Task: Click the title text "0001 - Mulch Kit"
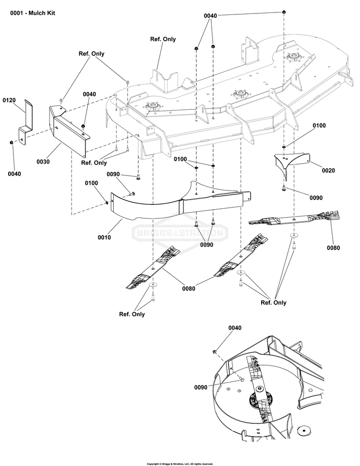33,13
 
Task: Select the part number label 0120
10,101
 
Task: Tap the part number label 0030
43,162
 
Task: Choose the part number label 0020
315,170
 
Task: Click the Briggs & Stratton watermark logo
180,234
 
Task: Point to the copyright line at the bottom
180,464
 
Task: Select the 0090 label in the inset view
202,387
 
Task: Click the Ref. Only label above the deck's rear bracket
163,39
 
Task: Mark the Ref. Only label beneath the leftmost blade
132,314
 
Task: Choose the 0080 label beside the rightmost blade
333,248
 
